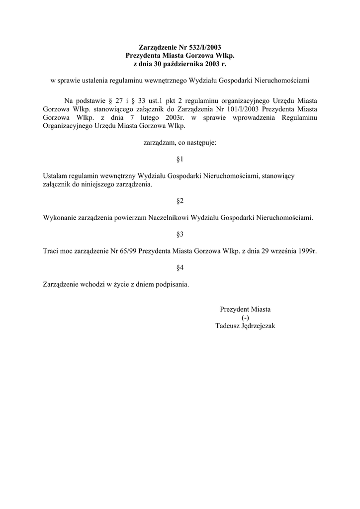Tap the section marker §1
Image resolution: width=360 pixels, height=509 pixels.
coord(180,160)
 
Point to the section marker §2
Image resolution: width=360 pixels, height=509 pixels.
coord(180,201)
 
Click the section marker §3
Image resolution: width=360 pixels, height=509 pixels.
coord(180,234)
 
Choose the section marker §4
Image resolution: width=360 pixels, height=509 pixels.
coord(180,268)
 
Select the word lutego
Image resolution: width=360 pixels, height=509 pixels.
coord(133,117)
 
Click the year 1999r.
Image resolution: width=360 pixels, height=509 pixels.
coord(308,251)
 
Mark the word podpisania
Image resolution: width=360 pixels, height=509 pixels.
coord(173,285)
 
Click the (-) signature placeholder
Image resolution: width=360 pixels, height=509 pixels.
coord(245,318)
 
